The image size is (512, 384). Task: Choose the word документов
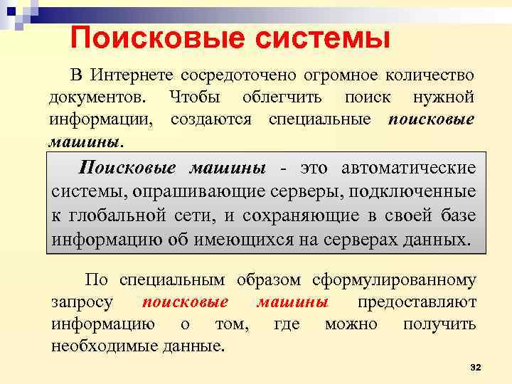[x=99, y=97]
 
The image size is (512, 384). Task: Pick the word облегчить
[x=282, y=97]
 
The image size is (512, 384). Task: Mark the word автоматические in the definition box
[x=409, y=169]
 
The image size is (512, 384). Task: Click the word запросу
[x=82, y=302]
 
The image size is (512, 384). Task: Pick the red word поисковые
[x=185, y=302]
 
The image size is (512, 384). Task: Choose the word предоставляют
[x=417, y=302]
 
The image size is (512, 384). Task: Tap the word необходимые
[x=103, y=346]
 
